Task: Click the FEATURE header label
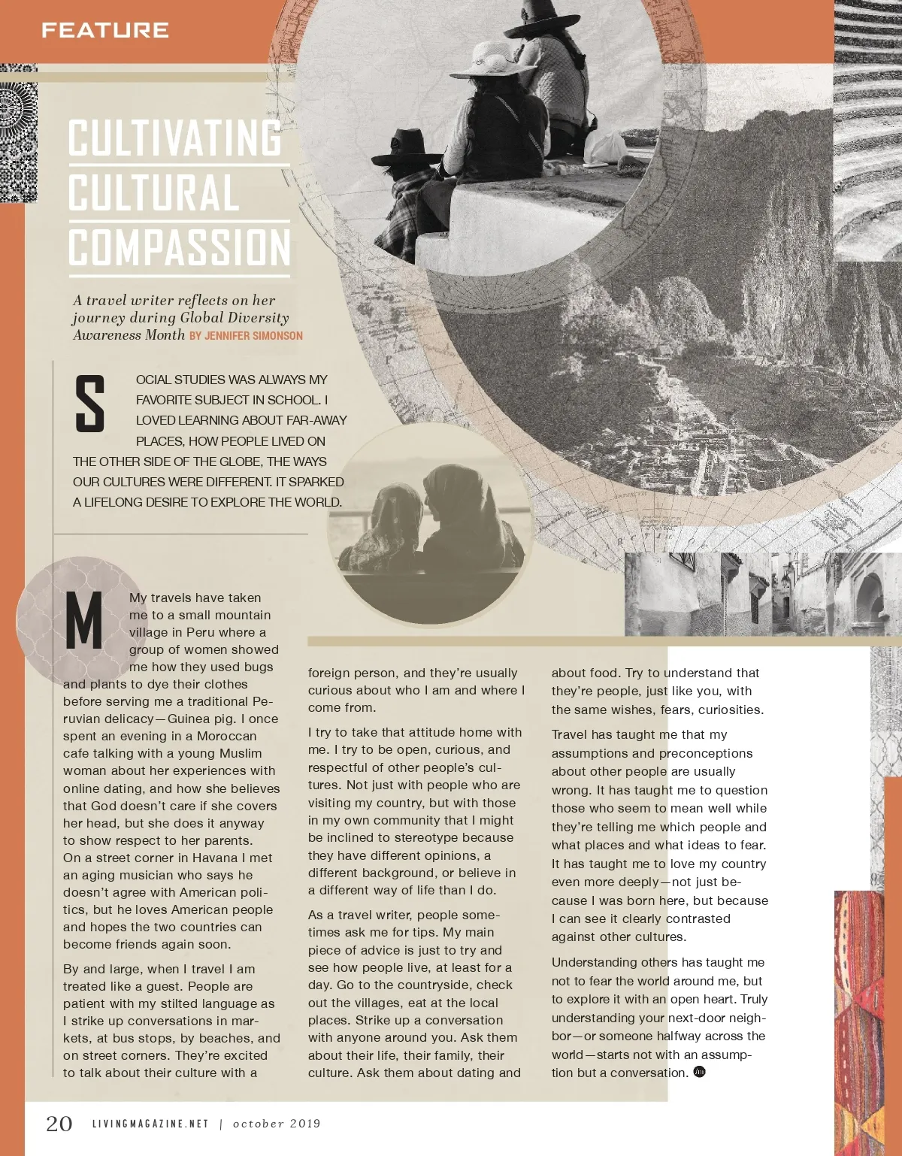click(x=104, y=30)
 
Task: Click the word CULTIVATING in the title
click(x=175, y=138)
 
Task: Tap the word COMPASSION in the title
click(x=179, y=248)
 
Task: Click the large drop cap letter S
click(x=90, y=404)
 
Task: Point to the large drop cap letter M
click(x=84, y=621)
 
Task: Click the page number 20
click(x=59, y=1124)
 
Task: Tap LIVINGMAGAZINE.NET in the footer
click(x=150, y=1124)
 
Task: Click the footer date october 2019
click(x=277, y=1124)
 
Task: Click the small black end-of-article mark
click(x=699, y=1072)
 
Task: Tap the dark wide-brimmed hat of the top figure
click(x=542, y=23)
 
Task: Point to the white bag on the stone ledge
click(x=605, y=147)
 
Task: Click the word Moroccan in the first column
click(x=226, y=736)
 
